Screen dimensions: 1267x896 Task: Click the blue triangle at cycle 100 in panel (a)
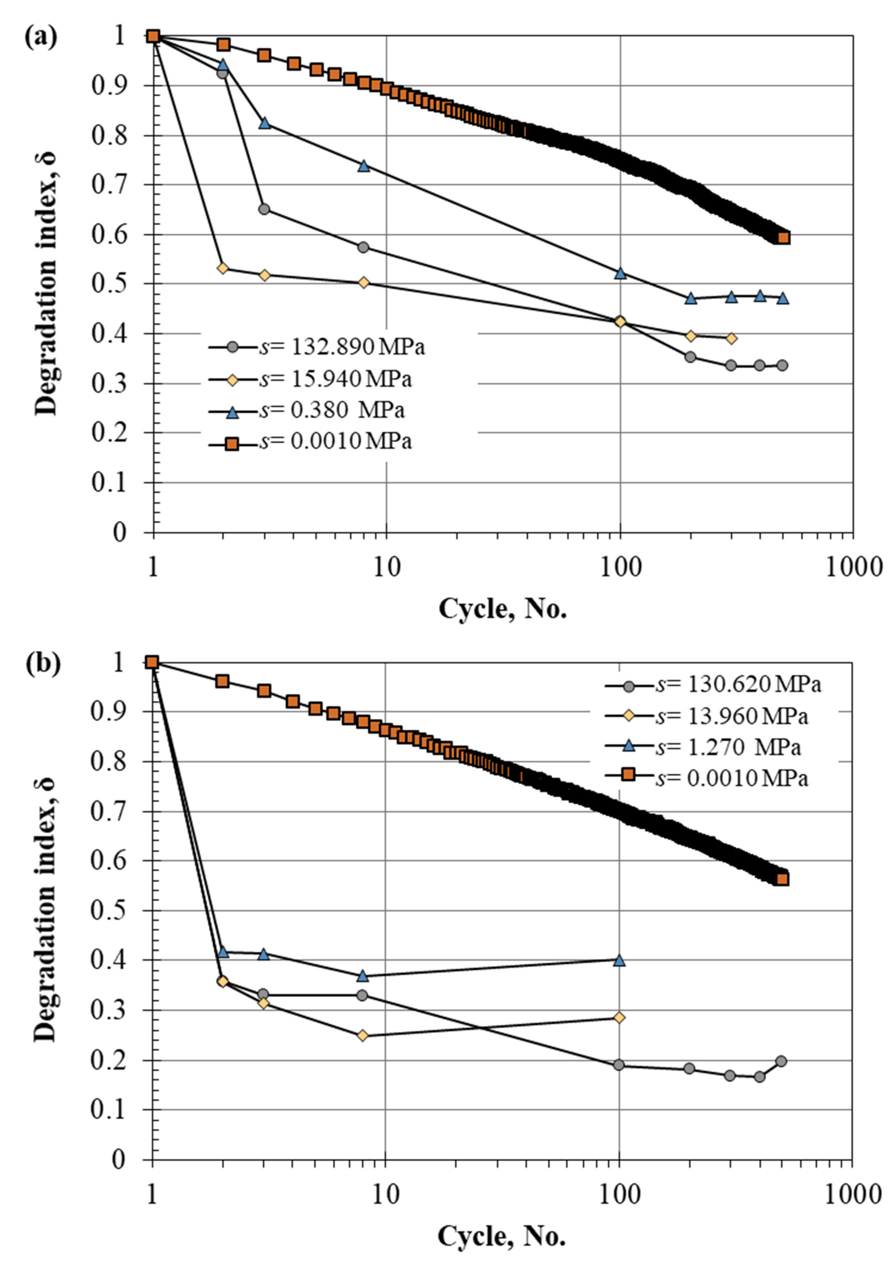tap(620, 273)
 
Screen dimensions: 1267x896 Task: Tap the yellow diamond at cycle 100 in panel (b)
tap(619, 1017)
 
